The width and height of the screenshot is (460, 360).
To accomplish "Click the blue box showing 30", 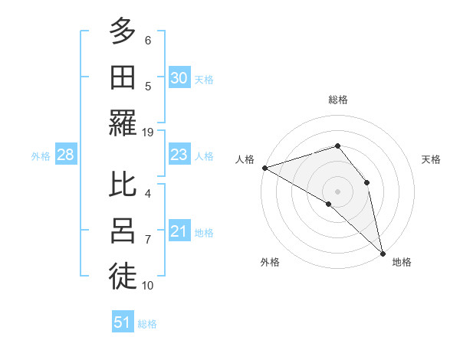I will point(179,77).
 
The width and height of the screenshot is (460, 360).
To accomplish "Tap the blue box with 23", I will point(179,155).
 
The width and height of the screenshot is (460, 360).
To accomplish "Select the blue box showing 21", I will point(179,231).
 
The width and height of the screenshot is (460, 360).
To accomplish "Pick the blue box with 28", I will point(65,155).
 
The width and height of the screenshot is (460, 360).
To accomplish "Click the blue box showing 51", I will point(123,322).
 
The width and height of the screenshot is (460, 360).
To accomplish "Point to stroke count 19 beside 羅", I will point(148,132).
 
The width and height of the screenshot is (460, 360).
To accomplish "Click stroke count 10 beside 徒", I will point(148,286).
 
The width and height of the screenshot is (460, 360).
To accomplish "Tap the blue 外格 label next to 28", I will point(41,156).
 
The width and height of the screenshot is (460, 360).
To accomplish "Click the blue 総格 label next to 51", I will point(147,324).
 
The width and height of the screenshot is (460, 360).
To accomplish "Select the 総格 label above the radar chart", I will point(337,100).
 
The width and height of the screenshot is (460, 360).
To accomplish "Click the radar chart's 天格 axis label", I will point(431,159).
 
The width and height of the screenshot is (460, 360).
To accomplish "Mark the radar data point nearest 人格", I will point(264,167).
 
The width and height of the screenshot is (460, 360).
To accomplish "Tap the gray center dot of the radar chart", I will point(337,190).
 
